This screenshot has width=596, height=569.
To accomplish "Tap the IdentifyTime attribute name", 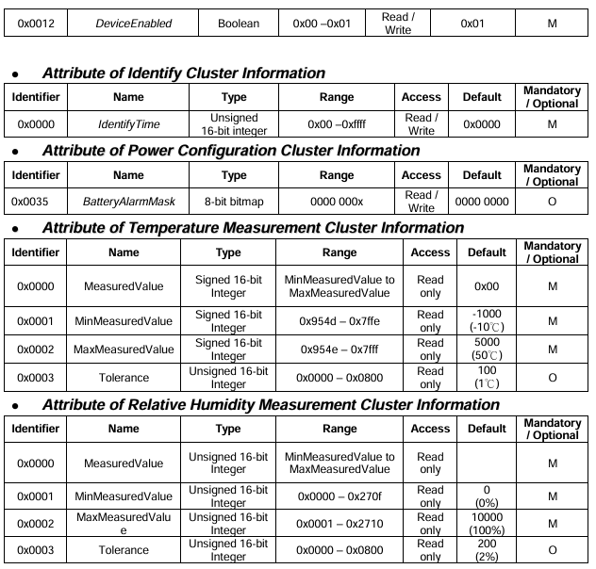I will (127, 124).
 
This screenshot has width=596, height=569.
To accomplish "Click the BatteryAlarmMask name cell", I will (127, 202).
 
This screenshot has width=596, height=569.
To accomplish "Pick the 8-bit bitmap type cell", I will (233, 202).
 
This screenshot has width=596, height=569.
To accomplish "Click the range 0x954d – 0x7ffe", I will (339, 321).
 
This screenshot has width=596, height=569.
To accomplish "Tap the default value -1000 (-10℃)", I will (487, 321).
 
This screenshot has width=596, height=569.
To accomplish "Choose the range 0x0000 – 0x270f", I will (339, 495).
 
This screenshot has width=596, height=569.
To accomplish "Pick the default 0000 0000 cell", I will (483, 202).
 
